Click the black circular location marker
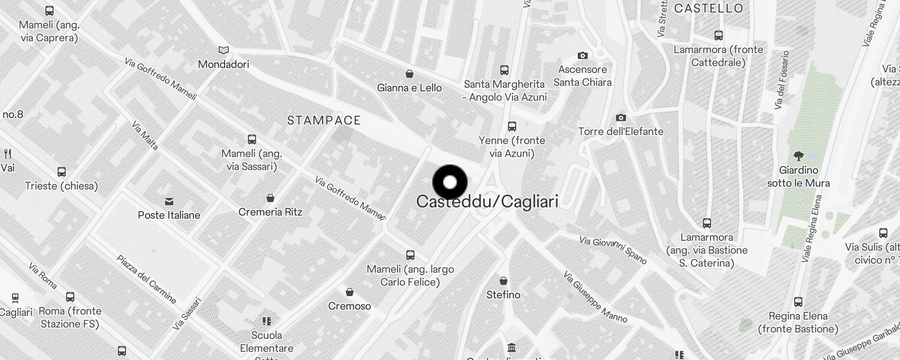(x=450, y=182)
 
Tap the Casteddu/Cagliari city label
(x=487, y=202)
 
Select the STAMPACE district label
(x=324, y=121)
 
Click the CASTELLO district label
(x=708, y=9)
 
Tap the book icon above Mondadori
(x=224, y=50)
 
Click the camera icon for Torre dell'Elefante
(x=621, y=118)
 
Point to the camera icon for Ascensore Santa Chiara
(x=583, y=56)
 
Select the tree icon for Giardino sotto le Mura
(x=799, y=156)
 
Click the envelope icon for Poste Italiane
(x=169, y=201)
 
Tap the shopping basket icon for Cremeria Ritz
(x=270, y=198)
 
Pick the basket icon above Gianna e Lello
(x=409, y=74)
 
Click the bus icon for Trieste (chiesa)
(x=62, y=172)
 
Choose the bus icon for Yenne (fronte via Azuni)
(x=512, y=126)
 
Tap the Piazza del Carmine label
(x=147, y=279)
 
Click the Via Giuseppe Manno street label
(x=595, y=297)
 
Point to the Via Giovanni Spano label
(x=613, y=250)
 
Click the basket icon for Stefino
(x=504, y=281)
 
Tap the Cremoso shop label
(x=350, y=306)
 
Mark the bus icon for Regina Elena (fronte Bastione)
(x=798, y=302)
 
